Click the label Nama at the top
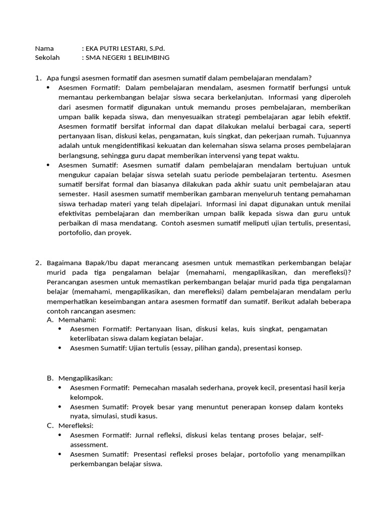tap(44, 49)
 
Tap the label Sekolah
tap(47, 58)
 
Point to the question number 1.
tap(38, 78)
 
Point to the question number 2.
tap(38, 263)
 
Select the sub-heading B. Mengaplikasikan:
tap(85, 378)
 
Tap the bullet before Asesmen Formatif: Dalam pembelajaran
tap(48, 88)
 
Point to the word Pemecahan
tap(153, 388)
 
